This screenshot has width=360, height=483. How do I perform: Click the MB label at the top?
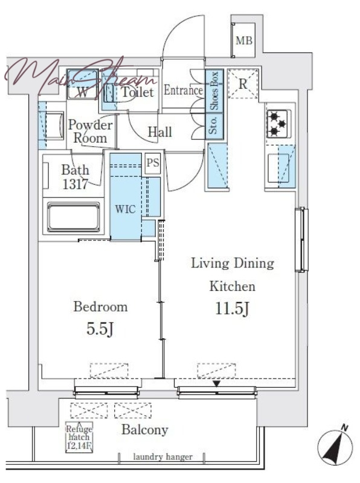244,40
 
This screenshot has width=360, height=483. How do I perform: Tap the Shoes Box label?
214,91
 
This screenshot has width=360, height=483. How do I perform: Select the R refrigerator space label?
243,84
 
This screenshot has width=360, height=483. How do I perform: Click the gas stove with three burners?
277,124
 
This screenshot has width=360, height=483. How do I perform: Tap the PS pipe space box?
153,162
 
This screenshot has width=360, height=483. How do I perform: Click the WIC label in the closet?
126,210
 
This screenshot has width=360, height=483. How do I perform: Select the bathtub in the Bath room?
74,217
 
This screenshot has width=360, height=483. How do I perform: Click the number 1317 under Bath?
76,185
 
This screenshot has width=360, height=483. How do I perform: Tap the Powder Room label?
90,131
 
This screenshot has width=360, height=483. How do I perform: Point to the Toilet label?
138,92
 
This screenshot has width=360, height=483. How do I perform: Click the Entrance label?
183,90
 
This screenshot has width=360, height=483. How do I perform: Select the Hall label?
159,132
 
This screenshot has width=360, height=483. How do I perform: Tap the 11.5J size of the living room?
232,309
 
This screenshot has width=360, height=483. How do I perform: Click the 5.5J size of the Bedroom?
100,329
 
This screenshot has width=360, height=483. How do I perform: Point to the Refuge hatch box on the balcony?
79,437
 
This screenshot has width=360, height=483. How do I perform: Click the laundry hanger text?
162,457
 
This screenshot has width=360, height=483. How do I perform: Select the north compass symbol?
335,446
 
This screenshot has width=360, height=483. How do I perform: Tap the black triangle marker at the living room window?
217,384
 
